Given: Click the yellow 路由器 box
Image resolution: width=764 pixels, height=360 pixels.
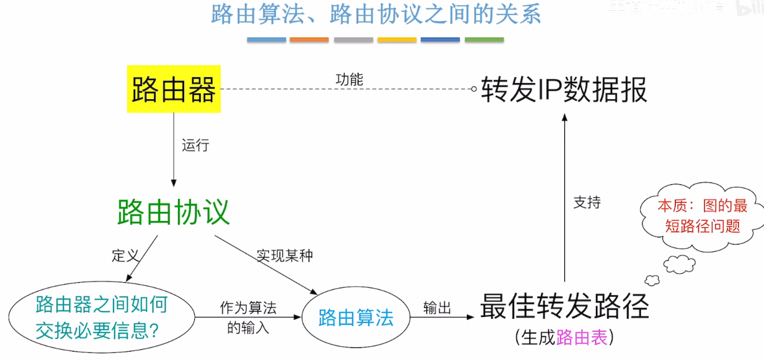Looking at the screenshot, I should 173,89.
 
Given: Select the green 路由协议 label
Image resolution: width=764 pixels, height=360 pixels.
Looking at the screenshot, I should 173,212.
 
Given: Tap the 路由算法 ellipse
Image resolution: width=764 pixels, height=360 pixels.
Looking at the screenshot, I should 356,318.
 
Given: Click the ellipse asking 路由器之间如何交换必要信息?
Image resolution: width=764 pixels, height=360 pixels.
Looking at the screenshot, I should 102,318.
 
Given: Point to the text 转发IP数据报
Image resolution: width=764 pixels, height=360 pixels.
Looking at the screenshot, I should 564,90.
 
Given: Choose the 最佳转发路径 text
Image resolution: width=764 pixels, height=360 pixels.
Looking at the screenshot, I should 564,307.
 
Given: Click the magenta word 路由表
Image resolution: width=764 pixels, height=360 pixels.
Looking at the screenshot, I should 582,338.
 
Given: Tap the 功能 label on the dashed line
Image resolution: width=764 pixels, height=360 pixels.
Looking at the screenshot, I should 349,80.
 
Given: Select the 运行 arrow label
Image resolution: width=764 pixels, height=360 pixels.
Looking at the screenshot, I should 195,145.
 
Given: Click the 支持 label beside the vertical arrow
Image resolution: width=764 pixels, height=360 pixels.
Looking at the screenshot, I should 586,203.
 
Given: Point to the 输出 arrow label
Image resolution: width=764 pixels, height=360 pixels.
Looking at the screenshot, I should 437,308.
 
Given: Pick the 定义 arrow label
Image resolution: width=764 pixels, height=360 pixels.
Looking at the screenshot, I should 125,255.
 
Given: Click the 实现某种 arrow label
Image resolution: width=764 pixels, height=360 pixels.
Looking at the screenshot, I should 285,255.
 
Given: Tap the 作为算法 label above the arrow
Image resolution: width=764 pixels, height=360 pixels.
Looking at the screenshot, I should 248,308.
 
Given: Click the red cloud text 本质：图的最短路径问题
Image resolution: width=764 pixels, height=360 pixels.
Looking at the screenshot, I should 702,216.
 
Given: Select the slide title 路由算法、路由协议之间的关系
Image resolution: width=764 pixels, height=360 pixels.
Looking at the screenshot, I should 376,14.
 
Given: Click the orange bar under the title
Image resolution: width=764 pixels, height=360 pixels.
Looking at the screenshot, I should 309,40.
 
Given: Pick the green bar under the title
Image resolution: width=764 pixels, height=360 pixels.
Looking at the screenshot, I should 484,40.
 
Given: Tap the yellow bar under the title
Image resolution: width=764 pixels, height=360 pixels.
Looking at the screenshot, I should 397,40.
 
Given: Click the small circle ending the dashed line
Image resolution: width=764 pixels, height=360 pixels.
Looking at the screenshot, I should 474,89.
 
